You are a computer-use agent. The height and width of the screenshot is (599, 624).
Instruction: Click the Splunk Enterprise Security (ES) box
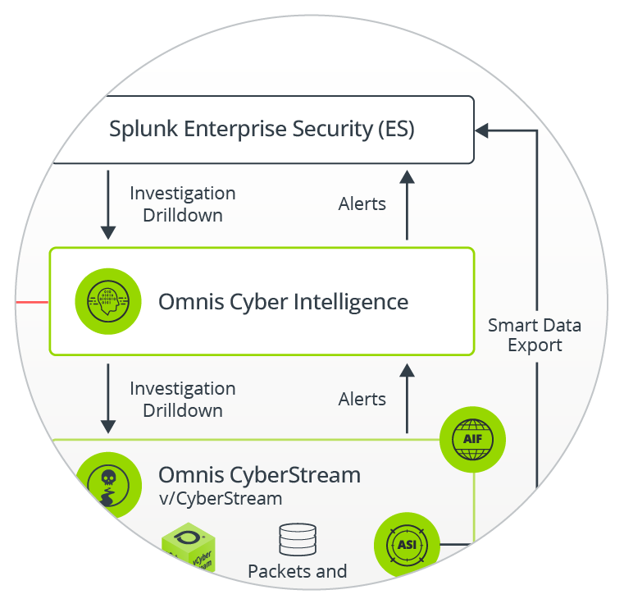262,130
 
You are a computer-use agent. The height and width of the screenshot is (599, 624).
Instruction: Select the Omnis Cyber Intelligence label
283,301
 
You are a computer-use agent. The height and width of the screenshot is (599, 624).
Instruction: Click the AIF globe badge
472,441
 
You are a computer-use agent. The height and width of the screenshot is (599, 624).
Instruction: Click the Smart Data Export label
535,335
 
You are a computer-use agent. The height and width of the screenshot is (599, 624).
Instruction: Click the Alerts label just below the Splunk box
362,203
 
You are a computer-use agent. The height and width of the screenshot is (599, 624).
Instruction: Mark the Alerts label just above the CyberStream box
362,400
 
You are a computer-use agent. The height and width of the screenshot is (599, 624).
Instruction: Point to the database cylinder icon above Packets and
297,539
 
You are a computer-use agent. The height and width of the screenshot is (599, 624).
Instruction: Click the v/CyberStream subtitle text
220,498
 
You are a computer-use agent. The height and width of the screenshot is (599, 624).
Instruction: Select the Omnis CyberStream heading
259,475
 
